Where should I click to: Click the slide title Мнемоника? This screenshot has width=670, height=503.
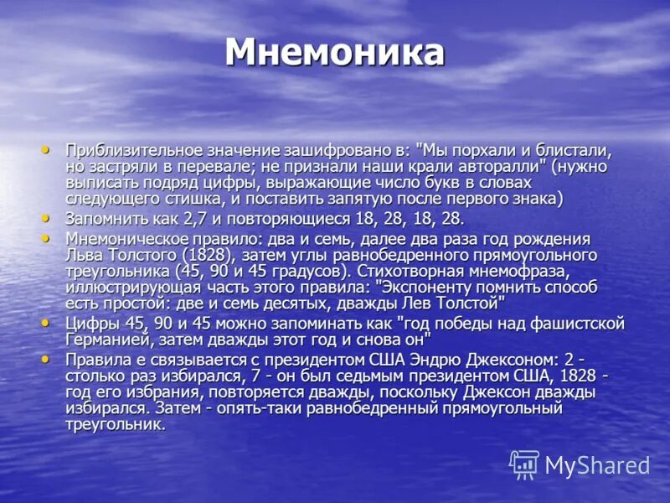pos(334,52)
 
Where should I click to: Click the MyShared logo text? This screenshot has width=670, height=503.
pos(597,465)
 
